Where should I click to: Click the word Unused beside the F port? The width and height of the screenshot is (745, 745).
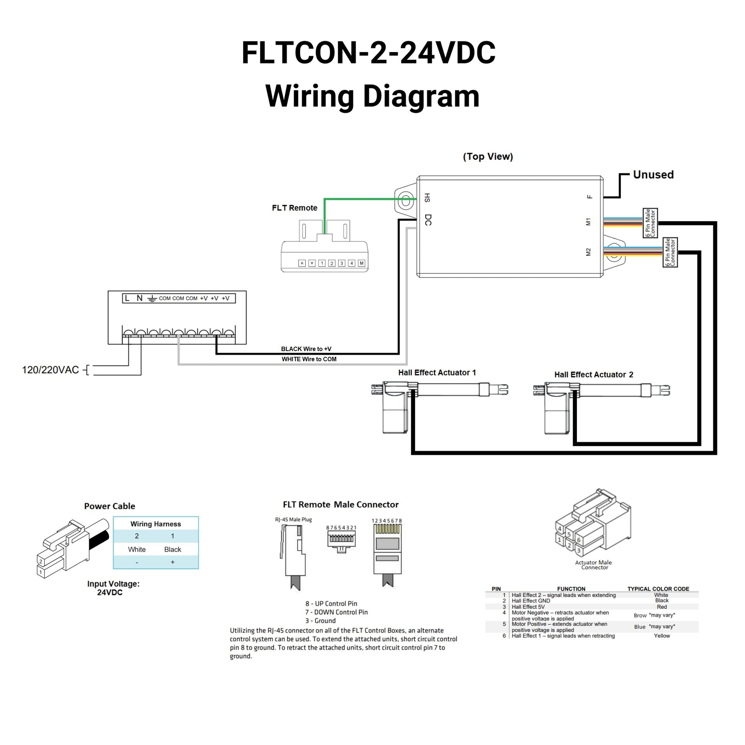pos(653,175)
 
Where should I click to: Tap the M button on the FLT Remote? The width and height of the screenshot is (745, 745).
pos(361,263)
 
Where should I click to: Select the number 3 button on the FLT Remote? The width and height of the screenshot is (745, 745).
pos(341,263)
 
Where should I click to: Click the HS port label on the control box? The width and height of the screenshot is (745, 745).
pos(427,198)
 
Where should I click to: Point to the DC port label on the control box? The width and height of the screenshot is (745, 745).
pos(428,220)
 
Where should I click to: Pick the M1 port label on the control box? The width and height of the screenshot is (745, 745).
pos(588,222)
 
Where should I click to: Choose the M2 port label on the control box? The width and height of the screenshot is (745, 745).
pos(588,252)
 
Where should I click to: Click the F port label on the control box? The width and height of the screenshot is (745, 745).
pos(589,197)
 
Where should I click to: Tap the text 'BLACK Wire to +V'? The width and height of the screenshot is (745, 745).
pos(306,349)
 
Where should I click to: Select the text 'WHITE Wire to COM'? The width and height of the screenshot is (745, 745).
pos(309,359)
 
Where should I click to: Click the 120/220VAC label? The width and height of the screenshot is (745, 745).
pos(50,370)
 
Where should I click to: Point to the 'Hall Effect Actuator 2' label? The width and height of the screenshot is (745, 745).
pos(593,374)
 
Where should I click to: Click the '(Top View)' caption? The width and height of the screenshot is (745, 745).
pos(488,157)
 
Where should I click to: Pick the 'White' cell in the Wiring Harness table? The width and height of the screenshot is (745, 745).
pos(137,549)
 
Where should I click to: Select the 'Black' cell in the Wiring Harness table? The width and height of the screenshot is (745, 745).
pos(172,549)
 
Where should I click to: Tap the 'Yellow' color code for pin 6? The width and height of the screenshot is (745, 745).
pos(662,636)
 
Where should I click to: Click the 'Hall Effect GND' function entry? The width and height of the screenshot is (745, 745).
pos(531,601)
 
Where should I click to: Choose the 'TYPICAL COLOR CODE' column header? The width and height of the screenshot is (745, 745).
pos(658,589)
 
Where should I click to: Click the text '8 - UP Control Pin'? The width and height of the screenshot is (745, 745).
pos(331,603)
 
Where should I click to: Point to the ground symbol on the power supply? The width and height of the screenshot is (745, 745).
pos(152,299)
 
